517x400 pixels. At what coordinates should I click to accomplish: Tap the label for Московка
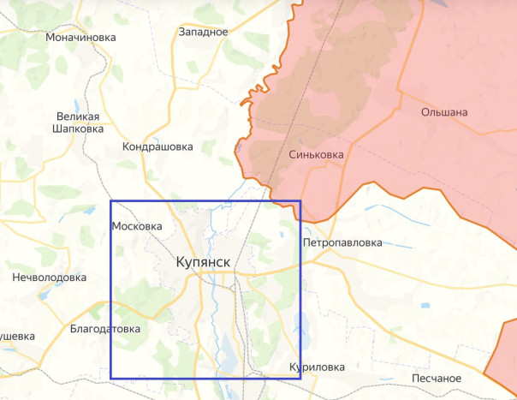(x=137, y=226)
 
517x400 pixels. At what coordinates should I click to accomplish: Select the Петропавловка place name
(x=342, y=242)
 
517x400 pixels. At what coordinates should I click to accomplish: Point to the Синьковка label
(x=316, y=155)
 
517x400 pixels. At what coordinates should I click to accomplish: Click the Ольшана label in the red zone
(x=444, y=112)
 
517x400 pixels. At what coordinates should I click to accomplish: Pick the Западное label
(x=203, y=32)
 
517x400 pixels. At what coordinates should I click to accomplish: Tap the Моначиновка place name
(x=81, y=38)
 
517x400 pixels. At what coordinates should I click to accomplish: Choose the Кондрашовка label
(x=157, y=146)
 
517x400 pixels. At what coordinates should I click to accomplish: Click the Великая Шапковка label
(x=79, y=122)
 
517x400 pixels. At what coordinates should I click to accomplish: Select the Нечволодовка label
(x=50, y=278)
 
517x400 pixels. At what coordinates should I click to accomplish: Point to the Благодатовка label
(x=105, y=329)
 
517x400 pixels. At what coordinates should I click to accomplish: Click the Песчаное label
(x=437, y=378)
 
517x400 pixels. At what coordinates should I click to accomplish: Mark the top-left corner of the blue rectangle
(x=111, y=202)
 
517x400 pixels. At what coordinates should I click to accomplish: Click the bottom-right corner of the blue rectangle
(x=300, y=379)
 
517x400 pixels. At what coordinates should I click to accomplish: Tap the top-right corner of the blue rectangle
(x=300, y=202)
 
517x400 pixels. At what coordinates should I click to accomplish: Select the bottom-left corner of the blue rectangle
(x=111, y=379)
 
